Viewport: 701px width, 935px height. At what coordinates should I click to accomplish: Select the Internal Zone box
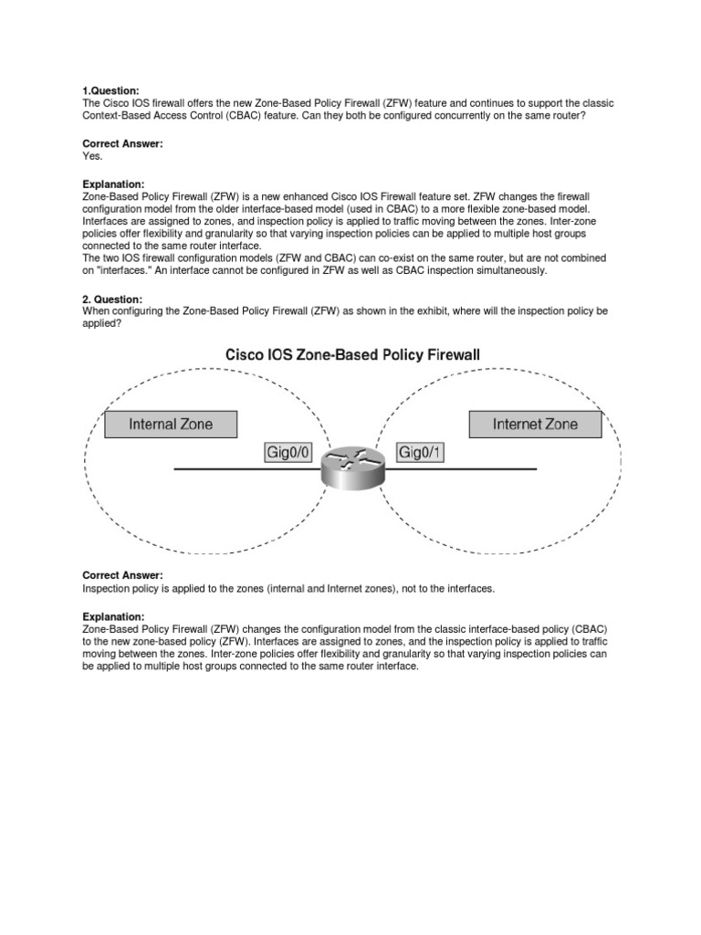[x=171, y=425]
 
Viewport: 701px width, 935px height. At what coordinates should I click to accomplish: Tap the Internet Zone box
[x=535, y=425]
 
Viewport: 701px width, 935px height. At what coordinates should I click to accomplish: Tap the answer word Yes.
[x=92, y=156]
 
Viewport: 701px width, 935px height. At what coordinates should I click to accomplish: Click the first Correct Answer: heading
[x=122, y=144]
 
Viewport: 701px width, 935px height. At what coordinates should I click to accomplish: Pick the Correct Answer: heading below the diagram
[x=122, y=575]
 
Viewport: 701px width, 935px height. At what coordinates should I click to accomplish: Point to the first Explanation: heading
[x=113, y=184]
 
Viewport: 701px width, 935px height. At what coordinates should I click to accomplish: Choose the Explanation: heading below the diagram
[x=113, y=617]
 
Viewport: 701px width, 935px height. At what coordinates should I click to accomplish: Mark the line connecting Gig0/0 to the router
[x=246, y=468]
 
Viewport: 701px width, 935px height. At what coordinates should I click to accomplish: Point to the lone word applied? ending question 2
[x=101, y=323]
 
